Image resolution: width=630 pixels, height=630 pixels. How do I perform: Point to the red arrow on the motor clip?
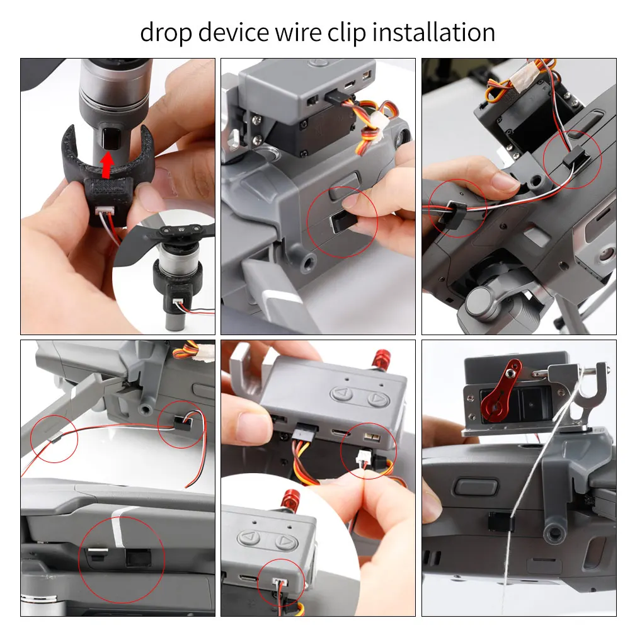(x=108, y=164)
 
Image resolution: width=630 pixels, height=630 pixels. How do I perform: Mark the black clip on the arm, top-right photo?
(x=454, y=207)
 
